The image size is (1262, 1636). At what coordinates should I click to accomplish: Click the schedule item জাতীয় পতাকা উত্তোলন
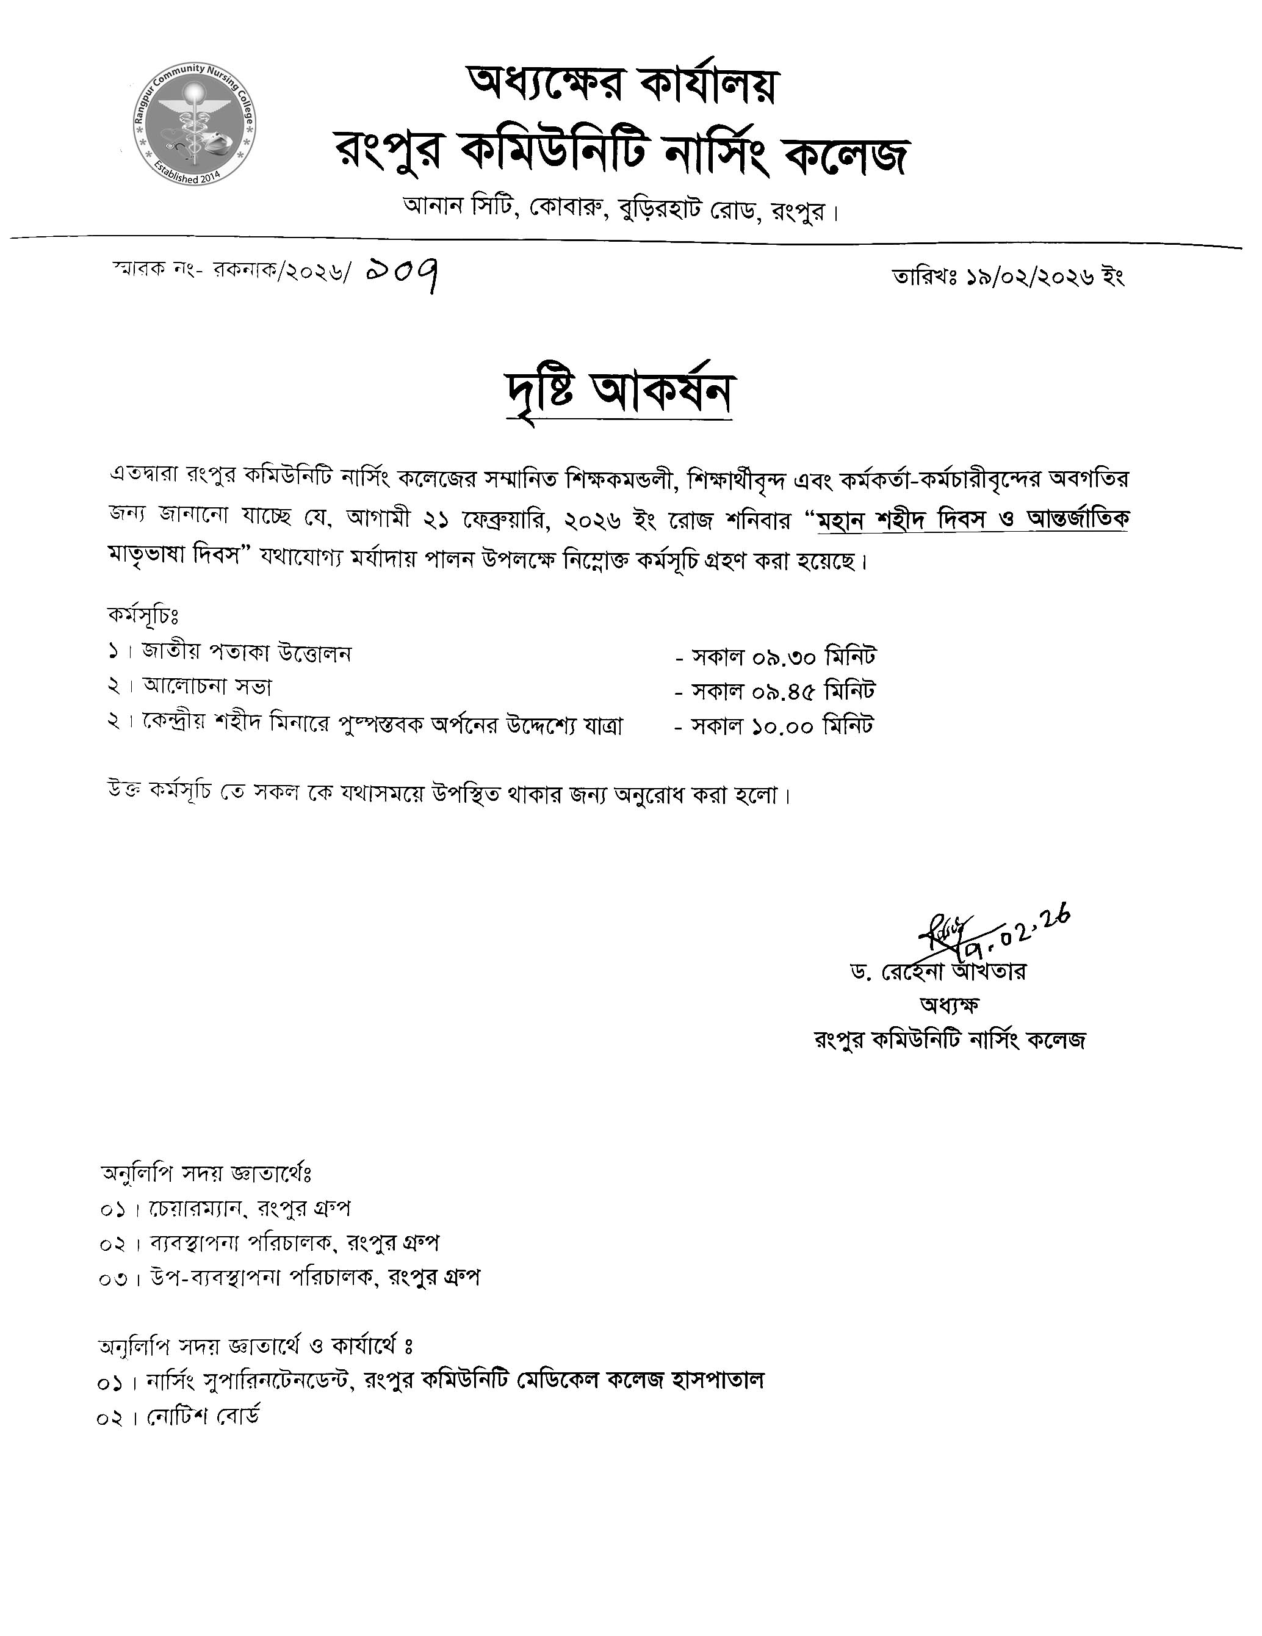click(x=247, y=653)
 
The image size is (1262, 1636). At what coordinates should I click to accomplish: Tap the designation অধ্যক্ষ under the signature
click(x=949, y=1005)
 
